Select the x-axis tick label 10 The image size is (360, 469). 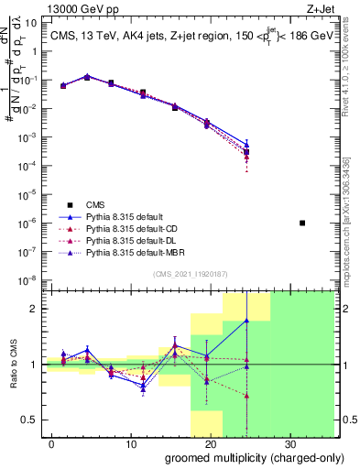[130, 443]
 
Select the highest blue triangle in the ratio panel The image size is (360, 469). [246, 321]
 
